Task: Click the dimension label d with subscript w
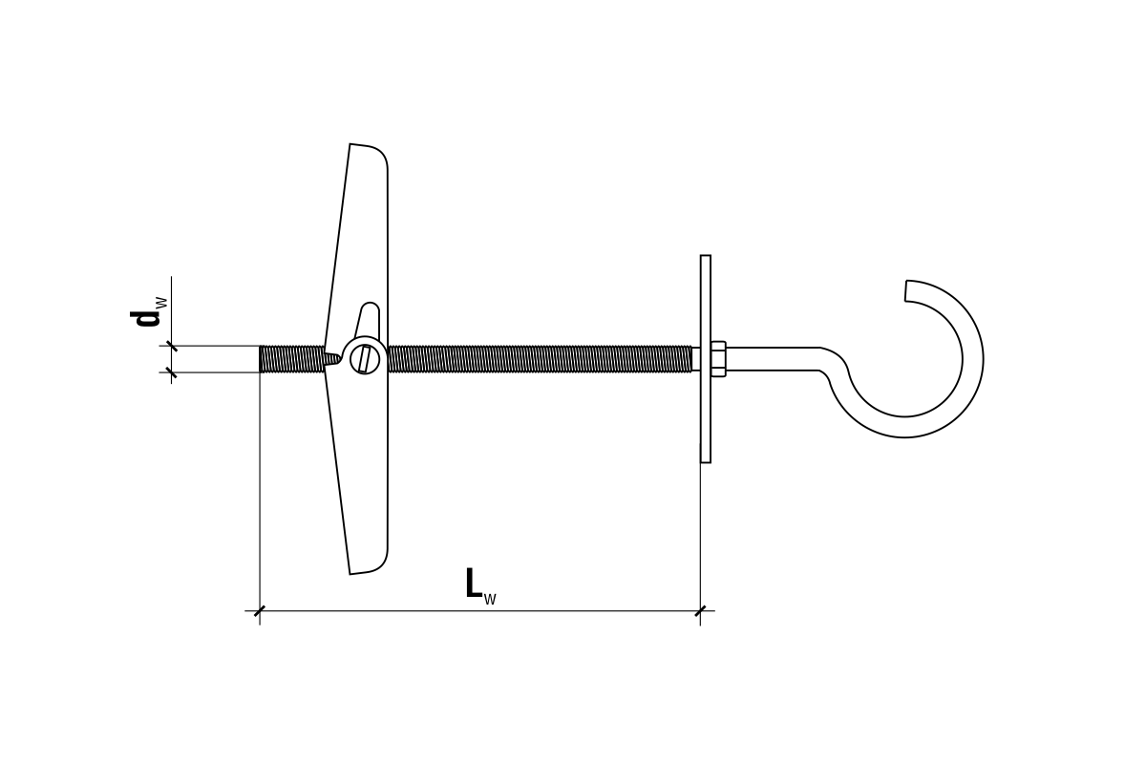coord(148,311)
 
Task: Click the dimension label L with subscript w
coord(480,585)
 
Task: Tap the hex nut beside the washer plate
coord(718,359)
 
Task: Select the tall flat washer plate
coord(706,359)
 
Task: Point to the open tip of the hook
coord(906,290)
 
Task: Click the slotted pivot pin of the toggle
coord(365,359)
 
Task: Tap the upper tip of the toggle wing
coord(350,144)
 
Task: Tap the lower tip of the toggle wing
coord(350,574)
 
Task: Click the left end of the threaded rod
coord(260,359)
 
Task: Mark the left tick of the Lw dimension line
coord(260,611)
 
